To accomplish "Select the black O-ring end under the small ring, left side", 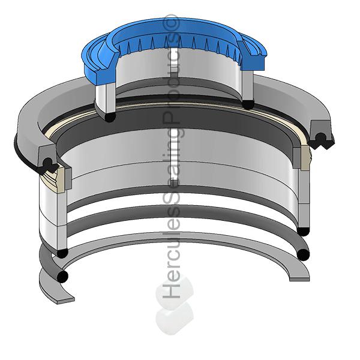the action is pos(110,117).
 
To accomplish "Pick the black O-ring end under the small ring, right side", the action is pos(248,104).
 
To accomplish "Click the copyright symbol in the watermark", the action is pos(172,22).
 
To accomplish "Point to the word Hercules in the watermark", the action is pos(172,253).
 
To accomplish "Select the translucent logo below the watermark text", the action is pos(175,305).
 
